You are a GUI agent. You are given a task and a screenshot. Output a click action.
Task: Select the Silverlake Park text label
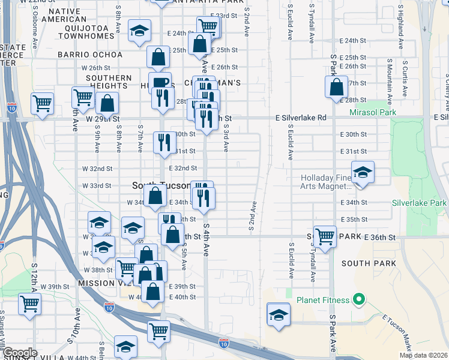pos(419,203)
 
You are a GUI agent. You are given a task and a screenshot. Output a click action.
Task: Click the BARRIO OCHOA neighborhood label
pos(90,55)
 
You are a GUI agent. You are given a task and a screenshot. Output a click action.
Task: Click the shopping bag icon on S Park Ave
pos(337,87)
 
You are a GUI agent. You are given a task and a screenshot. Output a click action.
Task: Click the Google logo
pos(19,353)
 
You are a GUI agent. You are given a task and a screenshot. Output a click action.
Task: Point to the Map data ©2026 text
pos(423,355)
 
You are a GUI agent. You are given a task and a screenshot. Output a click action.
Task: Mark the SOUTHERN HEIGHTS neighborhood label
pos(109,82)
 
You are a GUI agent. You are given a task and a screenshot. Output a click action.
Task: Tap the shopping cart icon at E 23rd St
pos(208,26)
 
